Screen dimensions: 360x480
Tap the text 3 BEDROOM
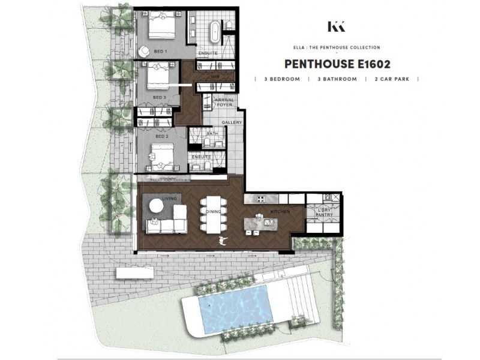pos(279,79)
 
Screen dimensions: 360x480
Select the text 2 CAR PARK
pos(392,79)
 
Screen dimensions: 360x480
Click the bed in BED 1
pos(162,26)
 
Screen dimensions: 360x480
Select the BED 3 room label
pos(159,97)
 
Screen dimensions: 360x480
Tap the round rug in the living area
pos(155,206)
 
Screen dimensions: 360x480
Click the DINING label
pos(211,212)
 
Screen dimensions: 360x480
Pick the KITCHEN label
pos(280,212)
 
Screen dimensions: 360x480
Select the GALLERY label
pos(232,123)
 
